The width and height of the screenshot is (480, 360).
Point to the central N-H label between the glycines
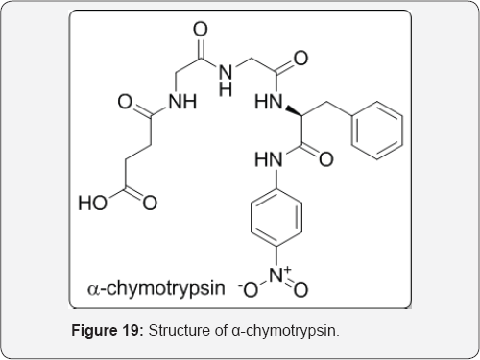coord(227,75)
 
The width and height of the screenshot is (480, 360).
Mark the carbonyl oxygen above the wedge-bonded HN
coord(302,60)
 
